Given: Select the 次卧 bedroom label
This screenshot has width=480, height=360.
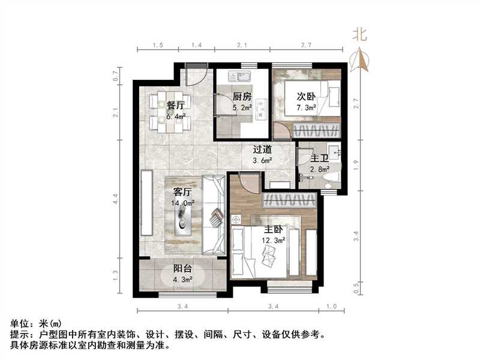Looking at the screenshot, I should [x=306, y=96].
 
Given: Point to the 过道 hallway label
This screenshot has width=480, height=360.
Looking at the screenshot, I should [x=262, y=149].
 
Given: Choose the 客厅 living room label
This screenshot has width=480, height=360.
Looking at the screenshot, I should [x=182, y=193].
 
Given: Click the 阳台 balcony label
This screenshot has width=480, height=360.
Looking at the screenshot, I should [x=183, y=269].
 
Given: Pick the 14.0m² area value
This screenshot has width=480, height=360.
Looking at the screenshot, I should [x=183, y=203].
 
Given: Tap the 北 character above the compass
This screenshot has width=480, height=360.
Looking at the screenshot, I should [x=359, y=34].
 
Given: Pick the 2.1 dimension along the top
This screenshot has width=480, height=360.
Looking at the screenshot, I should [x=242, y=46].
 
